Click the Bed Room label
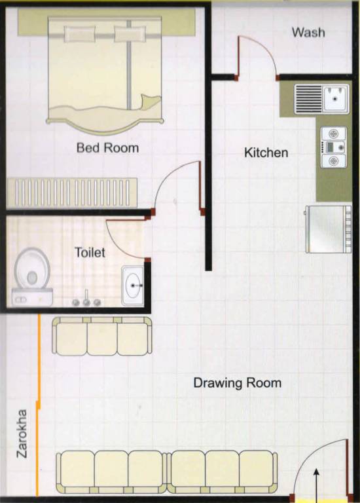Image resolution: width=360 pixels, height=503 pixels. click(x=107, y=147)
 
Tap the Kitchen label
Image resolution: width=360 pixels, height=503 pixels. click(x=266, y=153)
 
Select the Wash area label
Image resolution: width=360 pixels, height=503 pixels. click(x=308, y=32)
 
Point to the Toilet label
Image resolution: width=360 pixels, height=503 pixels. click(x=90, y=252)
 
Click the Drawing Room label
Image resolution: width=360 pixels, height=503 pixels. click(x=237, y=382)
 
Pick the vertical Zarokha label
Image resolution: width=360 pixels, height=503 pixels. click(x=20, y=433)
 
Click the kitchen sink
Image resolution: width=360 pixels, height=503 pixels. click(x=321, y=98)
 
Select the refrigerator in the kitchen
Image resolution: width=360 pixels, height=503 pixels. click(x=329, y=229)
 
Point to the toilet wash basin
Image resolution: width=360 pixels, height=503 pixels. click(x=134, y=286)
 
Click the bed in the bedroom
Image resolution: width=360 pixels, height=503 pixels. click(x=105, y=72)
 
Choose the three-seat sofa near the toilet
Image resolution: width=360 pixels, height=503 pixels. click(x=102, y=336)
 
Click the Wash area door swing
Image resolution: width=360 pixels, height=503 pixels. click(x=257, y=56)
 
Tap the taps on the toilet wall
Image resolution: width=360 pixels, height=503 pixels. click(x=86, y=302)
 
